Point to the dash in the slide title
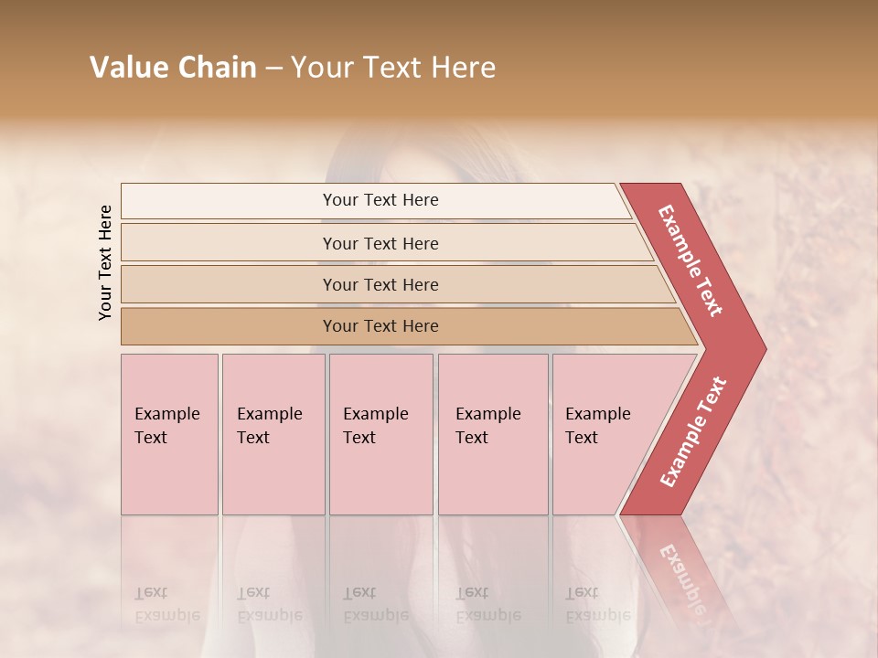pos(273,68)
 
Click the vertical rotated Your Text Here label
pos(105,262)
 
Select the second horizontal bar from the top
pos(380,243)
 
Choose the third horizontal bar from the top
pos(380,284)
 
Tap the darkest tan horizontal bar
pos(380,326)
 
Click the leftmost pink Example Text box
pos(169,434)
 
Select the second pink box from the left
pos(273,434)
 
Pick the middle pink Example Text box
pos(380,434)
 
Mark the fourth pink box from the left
pos(493,434)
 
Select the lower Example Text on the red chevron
pos(693,431)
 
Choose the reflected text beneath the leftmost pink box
pos(167,604)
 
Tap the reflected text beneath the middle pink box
pos(376,604)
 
